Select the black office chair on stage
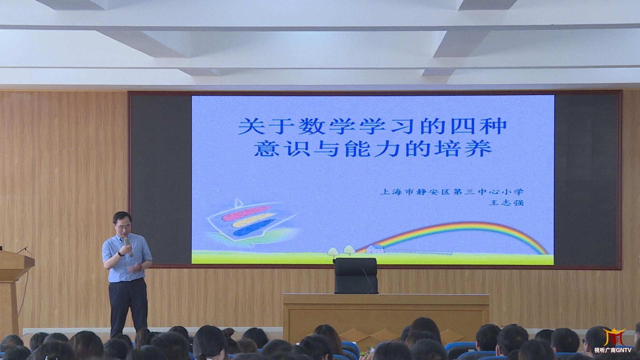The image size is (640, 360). click(x=356, y=276)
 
